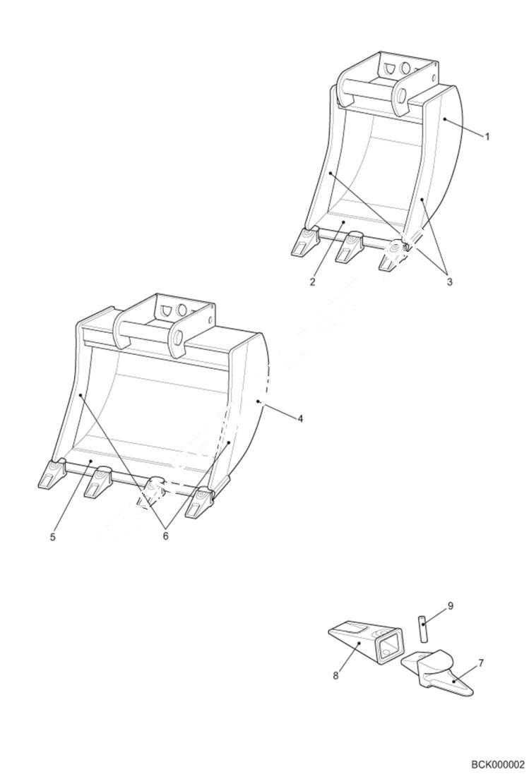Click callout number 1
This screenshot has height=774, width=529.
pos(487,137)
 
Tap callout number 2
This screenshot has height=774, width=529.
pos(311,283)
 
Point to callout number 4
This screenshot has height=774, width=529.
pos(300,418)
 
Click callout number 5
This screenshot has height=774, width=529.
pos(53,537)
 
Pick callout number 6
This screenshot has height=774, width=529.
pos(166,536)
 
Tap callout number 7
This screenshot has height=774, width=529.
pos(481,663)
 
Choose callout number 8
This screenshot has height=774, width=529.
pos(335,676)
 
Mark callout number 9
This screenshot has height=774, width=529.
pos(450,605)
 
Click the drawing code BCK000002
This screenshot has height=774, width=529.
pos(498,764)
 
